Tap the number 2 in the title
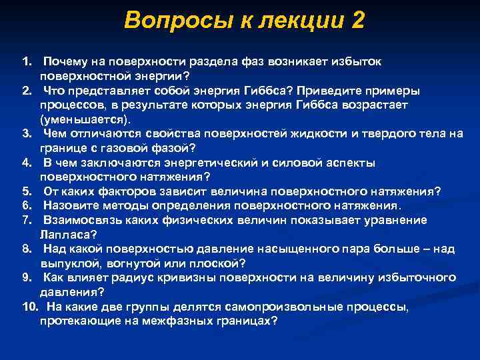point(357,21)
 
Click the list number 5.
point(26,191)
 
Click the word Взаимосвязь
point(82,220)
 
